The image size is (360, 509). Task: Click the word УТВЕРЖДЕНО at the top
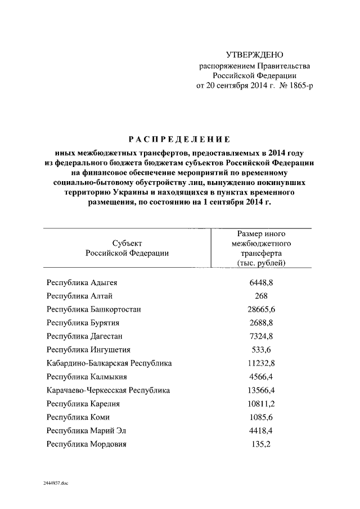coord(254,55)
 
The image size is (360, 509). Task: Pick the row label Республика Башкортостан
coord(94,309)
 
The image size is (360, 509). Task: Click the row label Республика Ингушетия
coord(89,350)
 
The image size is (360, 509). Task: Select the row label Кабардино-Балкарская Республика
coord(109,363)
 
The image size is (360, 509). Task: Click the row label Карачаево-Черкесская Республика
coord(109,390)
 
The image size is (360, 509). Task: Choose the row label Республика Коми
coord(78,417)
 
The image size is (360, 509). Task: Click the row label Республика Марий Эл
coord(87,431)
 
